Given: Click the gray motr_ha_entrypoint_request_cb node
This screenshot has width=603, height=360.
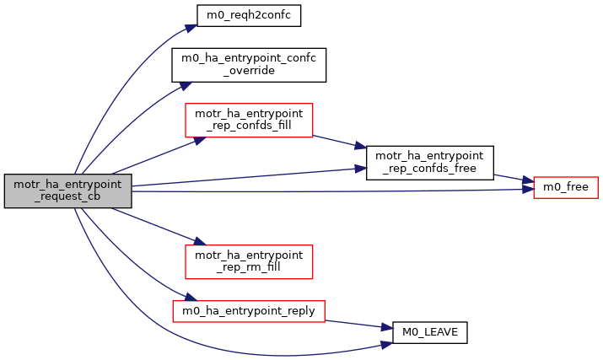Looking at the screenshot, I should tap(68, 191).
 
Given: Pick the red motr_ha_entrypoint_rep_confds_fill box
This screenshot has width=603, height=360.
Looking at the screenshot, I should tap(249, 121).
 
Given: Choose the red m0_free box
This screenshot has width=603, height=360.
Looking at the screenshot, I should tap(565, 186).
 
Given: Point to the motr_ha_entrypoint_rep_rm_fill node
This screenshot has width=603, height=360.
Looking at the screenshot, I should tap(249, 261).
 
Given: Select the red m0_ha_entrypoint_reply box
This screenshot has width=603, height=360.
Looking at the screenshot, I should tap(249, 310).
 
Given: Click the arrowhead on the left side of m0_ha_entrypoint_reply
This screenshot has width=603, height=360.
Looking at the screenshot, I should tap(178, 301).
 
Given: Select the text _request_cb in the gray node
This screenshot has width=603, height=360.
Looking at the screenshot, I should tap(68, 199).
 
